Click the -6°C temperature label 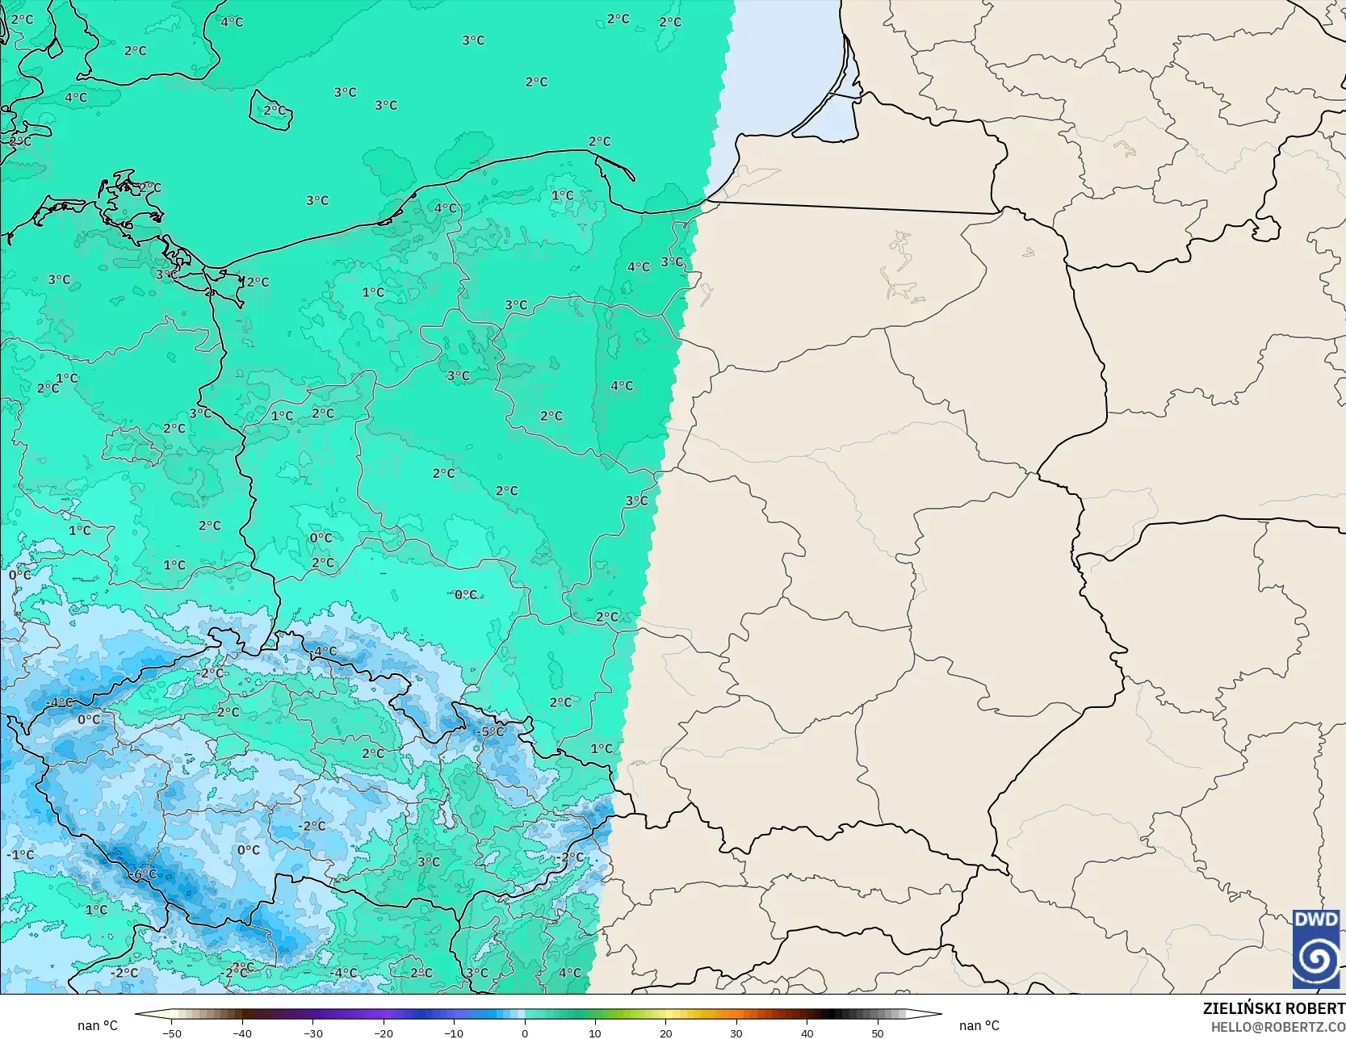coord(144,874)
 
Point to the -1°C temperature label coord(20,855)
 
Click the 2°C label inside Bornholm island coord(274,111)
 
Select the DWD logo coord(1316,949)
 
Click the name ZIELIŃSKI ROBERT coord(1273,1008)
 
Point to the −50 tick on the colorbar coord(171,1033)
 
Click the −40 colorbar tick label coord(241,1033)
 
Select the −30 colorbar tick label coord(312,1033)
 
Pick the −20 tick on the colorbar coord(383,1033)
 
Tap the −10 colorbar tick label coord(454,1033)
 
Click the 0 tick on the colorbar coord(524,1033)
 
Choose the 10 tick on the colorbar coord(595,1033)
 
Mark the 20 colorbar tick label coord(665,1033)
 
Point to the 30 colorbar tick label coord(736,1033)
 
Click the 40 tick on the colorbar coord(807,1033)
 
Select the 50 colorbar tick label coord(878,1033)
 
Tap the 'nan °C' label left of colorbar coord(97,1026)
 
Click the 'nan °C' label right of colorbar coord(979,1026)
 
